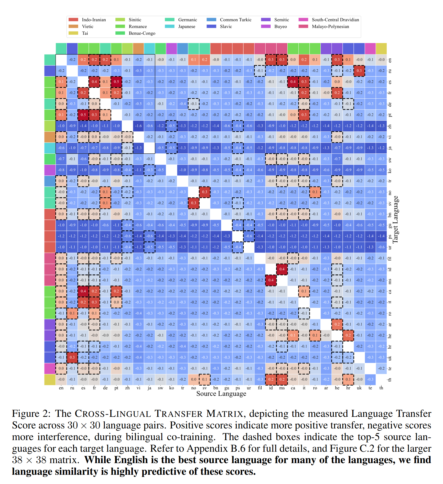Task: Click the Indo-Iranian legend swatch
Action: point(73,20)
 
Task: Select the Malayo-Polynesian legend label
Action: point(330,26)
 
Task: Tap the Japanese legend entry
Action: point(186,26)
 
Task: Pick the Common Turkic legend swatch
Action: point(212,20)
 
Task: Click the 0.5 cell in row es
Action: point(117,82)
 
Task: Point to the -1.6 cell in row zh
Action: point(138,126)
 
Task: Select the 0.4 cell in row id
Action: point(282,269)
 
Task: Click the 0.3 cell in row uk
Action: point(72,357)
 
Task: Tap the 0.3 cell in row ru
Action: point(359,71)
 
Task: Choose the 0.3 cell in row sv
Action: point(194,203)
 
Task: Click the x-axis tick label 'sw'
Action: point(160,388)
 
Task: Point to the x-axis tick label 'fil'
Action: point(260,388)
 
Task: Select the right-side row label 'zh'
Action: point(390,126)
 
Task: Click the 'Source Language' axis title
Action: point(221,394)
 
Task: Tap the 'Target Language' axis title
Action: point(395,220)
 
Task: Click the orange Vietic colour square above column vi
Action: point(138,49)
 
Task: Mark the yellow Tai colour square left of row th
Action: point(50,380)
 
